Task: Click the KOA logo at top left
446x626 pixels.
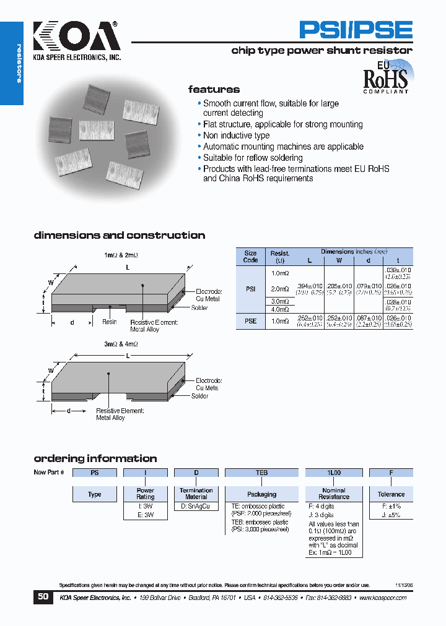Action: click(75, 40)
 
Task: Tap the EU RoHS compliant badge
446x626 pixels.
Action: click(385, 77)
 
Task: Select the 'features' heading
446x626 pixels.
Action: click(214, 90)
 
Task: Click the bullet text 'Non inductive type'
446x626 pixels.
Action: click(236, 135)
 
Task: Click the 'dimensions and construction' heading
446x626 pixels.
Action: click(119, 235)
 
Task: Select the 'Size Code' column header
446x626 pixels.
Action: click(250, 256)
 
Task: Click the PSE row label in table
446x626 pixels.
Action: click(250, 321)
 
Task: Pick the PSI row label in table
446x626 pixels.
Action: click(250, 289)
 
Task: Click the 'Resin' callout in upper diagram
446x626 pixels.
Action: click(109, 322)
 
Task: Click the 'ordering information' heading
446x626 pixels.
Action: click(95, 458)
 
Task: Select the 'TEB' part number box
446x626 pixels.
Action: click(261, 473)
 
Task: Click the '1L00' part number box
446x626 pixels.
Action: click(333, 473)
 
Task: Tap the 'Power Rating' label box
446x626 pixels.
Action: click(146, 494)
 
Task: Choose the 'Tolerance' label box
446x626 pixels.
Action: click(391, 494)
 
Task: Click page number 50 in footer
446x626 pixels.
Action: click(43, 597)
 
